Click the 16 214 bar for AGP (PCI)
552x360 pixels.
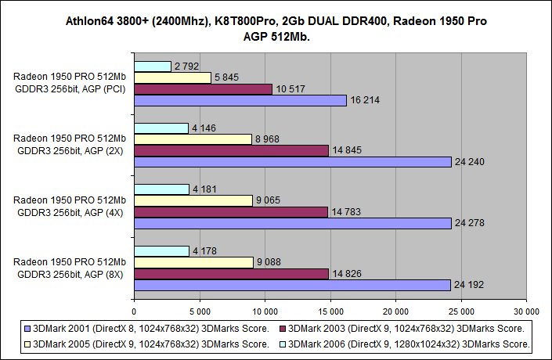pyautogui.click(x=240, y=100)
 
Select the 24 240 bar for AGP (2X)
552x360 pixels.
pyautogui.click(x=293, y=162)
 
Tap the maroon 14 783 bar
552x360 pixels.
pyautogui.click(x=231, y=211)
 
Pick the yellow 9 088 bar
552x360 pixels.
pyautogui.click(x=193, y=262)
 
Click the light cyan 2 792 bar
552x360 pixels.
pyautogui.click(x=153, y=66)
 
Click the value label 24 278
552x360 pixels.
pyautogui.click(x=470, y=224)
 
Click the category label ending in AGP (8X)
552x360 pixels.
pyautogui.click(x=70, y=268)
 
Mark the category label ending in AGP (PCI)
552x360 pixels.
pyautogui.click(x=70, y=83)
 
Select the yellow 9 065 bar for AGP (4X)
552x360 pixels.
pyautogui.click(x=193, y=200)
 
